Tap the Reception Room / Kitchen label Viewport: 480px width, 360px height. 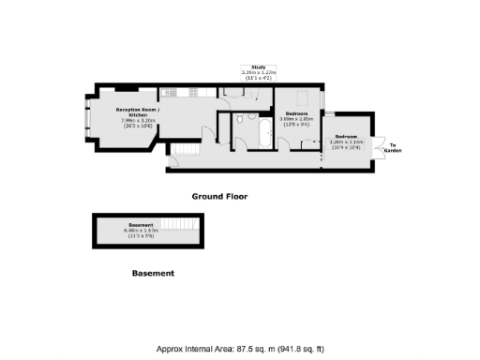(138, 112)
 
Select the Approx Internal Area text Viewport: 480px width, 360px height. (239, 348)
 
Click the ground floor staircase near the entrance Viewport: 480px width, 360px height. (184, 151)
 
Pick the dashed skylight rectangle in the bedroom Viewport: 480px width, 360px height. (301, 97)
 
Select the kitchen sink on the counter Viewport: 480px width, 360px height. (231, 89)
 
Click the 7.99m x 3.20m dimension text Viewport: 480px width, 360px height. (138, 120)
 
